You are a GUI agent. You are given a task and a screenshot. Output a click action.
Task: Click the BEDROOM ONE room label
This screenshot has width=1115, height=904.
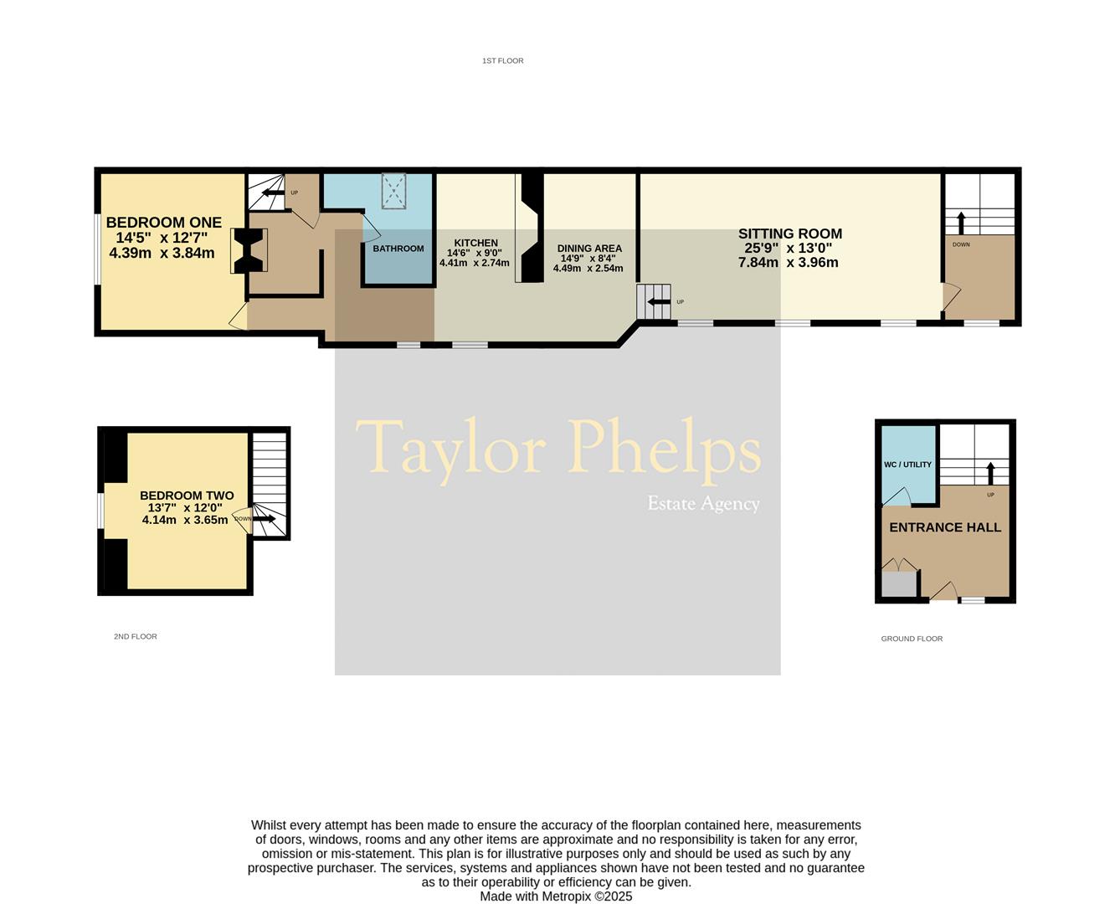[x=163, y=223]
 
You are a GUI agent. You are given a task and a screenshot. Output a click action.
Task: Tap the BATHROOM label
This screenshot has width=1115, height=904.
[x=398, y=249]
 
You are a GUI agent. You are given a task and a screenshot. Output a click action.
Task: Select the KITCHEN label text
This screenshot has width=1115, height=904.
[x=475, y=244]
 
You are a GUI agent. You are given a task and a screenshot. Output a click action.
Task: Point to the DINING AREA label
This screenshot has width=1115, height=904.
[x=589, y=249]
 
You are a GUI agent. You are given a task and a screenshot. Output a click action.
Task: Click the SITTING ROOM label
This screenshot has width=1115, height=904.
[x=789, y=234]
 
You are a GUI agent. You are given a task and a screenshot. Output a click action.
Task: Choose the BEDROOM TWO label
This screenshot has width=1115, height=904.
[x=187, y=496]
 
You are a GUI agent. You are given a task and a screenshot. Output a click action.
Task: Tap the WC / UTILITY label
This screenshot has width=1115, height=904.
[x=907, y=465]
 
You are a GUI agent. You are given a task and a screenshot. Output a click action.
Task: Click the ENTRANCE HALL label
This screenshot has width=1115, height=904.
[x=945, y=527]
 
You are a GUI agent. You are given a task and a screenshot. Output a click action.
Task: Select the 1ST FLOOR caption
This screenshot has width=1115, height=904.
[x=502, y=61]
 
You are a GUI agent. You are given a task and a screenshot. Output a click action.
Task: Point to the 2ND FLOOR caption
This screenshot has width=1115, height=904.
[x=136, y=637]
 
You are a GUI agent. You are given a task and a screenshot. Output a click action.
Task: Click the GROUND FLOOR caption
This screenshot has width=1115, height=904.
[x=912, y=639]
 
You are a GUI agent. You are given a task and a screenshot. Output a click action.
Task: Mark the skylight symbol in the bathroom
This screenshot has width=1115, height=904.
[x=393, y=191]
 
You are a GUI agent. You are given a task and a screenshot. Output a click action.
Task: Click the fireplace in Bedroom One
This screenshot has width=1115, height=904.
[x=249, y=251]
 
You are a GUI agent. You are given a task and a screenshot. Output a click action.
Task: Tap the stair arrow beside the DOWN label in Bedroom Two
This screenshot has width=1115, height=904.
[x=265, y=519]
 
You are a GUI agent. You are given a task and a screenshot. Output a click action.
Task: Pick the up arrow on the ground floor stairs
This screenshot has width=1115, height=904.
[x=990, y=473]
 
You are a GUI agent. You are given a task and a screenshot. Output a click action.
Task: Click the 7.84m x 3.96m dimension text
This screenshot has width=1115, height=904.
[x=788, y=263]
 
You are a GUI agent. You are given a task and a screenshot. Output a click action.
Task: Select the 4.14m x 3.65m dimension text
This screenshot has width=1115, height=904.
[x=185, y=520]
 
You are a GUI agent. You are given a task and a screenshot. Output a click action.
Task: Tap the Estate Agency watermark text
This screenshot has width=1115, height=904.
[x=703, y=504]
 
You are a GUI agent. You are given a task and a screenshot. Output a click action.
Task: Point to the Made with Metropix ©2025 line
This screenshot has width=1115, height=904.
[x=556, y=896]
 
